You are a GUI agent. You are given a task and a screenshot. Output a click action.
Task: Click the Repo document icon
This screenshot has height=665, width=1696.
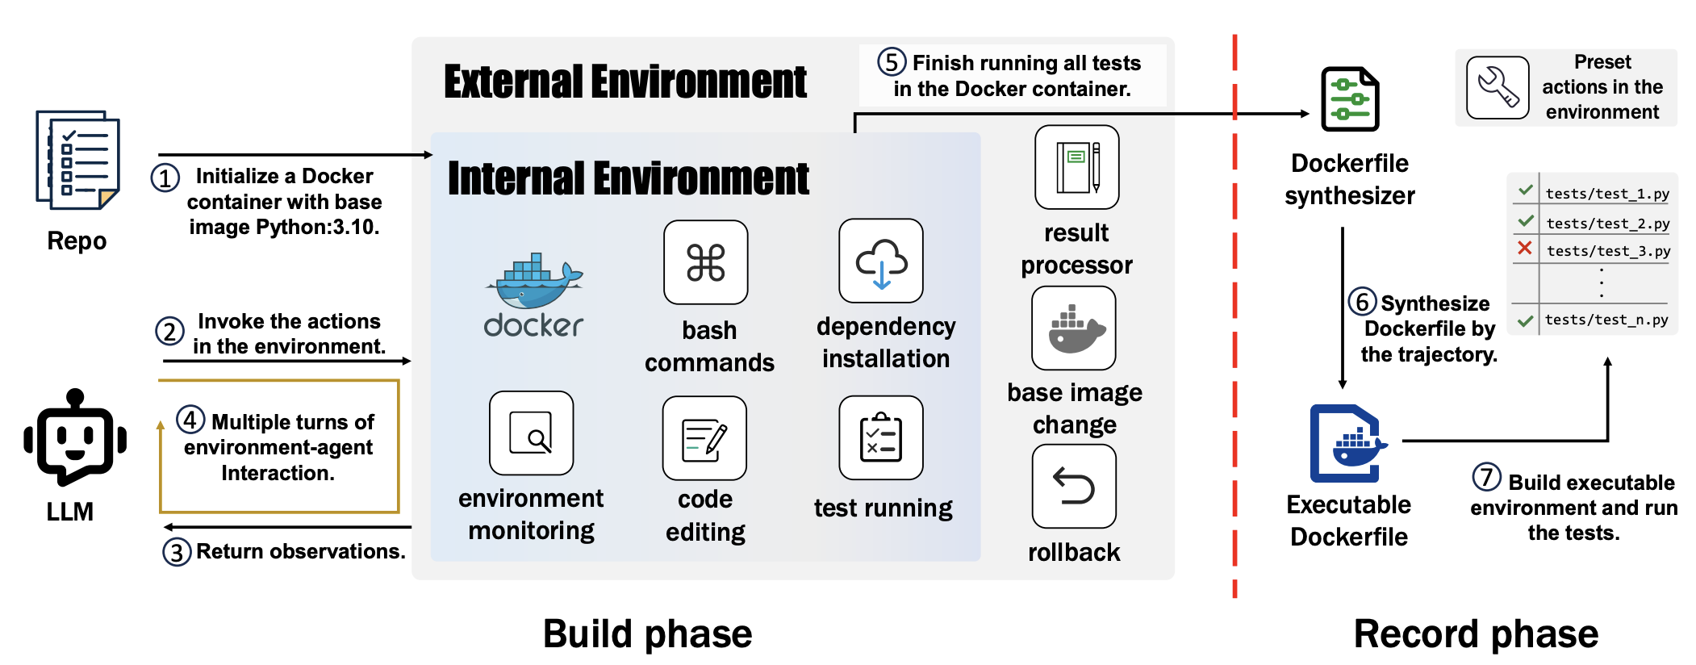77,160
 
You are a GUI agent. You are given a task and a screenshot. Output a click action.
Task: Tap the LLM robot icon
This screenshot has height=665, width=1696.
75,438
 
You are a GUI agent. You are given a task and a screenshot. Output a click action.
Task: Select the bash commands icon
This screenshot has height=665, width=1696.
705,262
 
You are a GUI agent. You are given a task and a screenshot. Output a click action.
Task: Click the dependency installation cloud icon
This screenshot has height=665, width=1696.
881,261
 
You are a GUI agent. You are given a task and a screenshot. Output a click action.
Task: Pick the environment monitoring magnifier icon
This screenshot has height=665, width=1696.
531,433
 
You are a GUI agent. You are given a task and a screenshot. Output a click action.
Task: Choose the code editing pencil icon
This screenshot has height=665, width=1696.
704,438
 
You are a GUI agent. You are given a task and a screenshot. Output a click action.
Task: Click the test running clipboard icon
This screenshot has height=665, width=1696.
880,437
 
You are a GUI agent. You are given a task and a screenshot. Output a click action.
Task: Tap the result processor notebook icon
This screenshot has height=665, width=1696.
1076,167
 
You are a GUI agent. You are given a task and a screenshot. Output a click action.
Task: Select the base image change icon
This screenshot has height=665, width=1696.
1074,328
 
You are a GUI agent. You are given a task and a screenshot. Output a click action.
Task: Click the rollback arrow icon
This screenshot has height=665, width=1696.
1074,487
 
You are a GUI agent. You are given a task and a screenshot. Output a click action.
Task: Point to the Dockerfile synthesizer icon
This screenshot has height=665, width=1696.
1349,99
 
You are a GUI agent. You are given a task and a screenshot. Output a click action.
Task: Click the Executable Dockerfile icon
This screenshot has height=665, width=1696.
1347,443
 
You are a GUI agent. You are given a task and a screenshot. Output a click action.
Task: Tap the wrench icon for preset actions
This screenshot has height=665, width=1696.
1498,88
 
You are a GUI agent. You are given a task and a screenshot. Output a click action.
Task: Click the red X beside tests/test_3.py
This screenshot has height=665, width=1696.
1524,249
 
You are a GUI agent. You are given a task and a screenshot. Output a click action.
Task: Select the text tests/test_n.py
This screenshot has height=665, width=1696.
1606,320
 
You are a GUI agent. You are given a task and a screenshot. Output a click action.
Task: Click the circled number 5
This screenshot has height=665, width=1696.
892,62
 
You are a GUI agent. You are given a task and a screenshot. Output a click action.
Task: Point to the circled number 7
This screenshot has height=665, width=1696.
1486,477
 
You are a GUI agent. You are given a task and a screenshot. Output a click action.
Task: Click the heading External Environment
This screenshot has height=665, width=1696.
625,82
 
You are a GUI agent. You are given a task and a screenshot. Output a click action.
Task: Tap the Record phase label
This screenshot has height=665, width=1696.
1475,634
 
